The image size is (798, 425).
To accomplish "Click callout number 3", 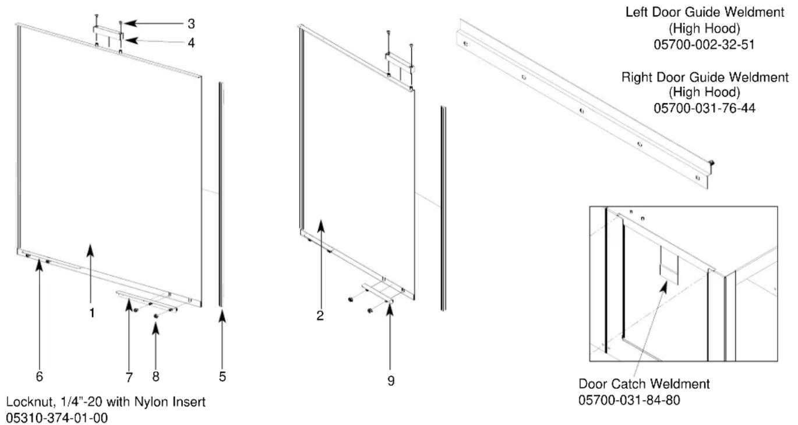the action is (x=191, y=24).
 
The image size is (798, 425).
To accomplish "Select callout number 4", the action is (x=191, y=43).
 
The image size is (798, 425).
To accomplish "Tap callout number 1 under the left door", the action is (x=92, y=313).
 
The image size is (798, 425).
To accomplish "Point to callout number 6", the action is (x=40, y=377).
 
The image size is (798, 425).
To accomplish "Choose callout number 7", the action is (x=129, y=377).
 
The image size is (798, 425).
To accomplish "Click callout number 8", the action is (x=156, y=377).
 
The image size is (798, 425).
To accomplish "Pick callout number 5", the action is (x=223, y=377).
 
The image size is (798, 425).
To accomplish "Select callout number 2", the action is (x=320, y=315).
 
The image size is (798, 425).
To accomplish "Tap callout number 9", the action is (x=391, y=381).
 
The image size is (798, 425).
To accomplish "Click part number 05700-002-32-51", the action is (x=704, y=44).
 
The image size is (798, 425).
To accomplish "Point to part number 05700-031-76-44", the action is (x=704, y=108).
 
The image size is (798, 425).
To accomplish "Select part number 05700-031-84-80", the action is (x=629, y=400).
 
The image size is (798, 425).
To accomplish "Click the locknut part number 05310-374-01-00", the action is (x=57, y=418).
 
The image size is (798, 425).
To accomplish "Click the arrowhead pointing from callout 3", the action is (x=130, y=23).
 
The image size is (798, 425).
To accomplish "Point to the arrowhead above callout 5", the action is (x=223, y=316).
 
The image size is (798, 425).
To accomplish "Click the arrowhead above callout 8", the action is (x=156, y=328).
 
